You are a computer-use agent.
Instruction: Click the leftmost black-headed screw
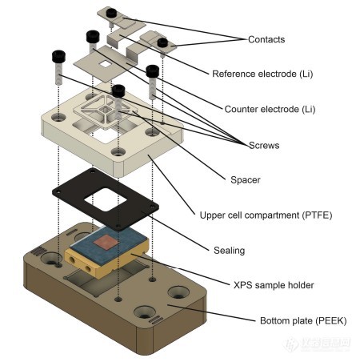tap(58, 58)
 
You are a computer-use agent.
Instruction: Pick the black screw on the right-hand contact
tap(162, 42)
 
